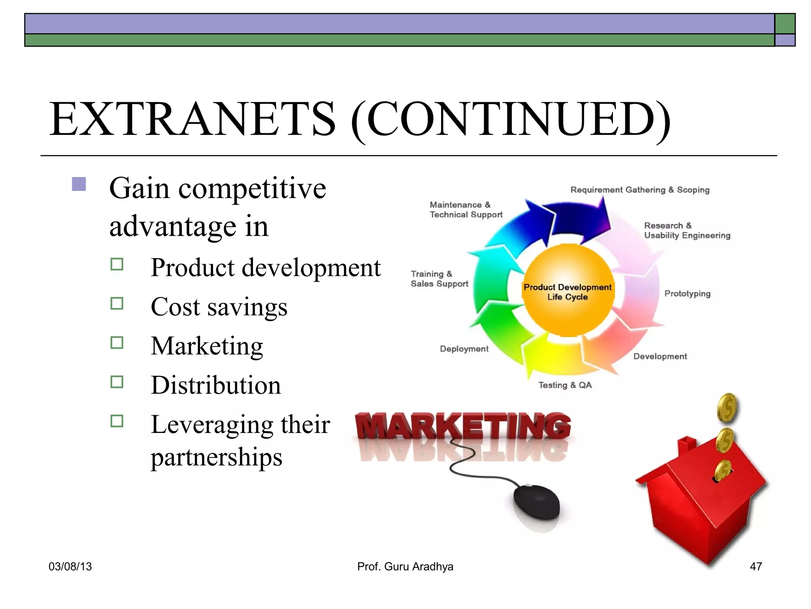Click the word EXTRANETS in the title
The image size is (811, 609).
192,119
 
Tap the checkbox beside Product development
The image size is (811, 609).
117,264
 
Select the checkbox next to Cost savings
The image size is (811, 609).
117,303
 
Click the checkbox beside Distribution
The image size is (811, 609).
117,382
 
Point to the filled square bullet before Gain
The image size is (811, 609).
79,184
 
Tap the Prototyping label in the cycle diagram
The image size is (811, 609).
687,294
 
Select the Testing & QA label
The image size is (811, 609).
565,385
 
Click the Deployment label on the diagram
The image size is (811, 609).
464,349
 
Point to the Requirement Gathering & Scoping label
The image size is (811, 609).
640,190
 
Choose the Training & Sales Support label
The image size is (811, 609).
439,279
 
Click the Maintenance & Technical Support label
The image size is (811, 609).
466,210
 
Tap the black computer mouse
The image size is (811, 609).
536,501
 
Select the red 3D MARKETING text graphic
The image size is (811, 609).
463,426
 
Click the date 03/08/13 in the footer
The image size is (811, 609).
70,567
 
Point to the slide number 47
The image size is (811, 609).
756,567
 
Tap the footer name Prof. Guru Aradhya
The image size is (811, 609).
405,567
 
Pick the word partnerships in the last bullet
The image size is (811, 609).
216,457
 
